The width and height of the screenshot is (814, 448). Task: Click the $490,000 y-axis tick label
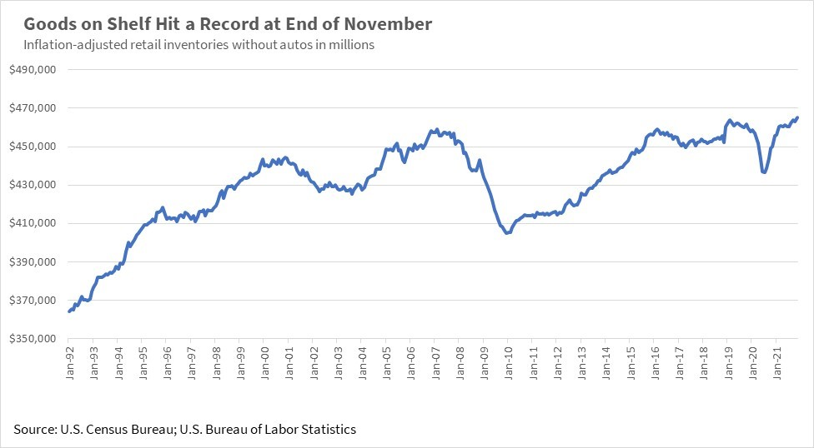pyautogui.click(x=33, y=70)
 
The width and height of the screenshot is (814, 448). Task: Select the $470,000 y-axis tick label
pyautogui.click(x=33, y=108)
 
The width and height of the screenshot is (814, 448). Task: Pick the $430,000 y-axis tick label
pyautogui.click(x=33, y=185)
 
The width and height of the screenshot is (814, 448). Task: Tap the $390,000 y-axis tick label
pyautogui.click(x=33, y=261)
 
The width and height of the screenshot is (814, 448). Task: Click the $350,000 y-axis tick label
pyautogui.click(x=33, y=338)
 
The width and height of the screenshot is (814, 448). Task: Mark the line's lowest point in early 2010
pyautogui.click(x=507, y=233)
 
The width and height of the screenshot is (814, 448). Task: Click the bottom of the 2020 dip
pyautogui.click(x=764, y=172)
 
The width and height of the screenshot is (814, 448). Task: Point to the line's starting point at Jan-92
pyautogui.click(x=69, y=311)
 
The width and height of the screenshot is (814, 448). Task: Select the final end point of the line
pyautogui.click(x=797, y=117)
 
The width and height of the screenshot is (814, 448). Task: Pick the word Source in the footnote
pyautogui.click(x=34, y=430)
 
